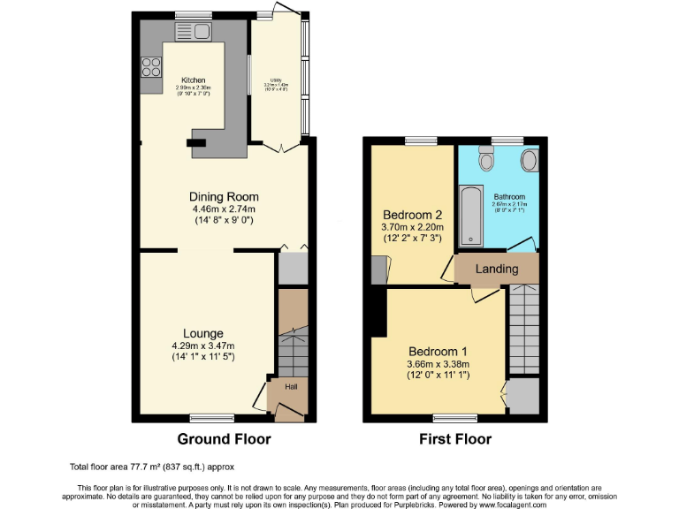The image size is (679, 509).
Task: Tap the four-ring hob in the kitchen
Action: coord(150,67)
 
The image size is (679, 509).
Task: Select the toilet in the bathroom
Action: coord(485,160)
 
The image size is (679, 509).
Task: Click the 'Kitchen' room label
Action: coord(193,80)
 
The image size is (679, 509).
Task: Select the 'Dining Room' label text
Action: coord(223,196)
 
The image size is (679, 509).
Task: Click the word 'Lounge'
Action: coord(203,333)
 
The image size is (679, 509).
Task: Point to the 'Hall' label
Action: coord(291,386)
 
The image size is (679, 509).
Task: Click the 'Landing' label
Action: coord(497,269)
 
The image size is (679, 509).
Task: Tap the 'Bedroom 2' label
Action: coord(412,214)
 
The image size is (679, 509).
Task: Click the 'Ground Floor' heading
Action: coord(224,439)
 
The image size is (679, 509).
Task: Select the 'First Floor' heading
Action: coord(455,439)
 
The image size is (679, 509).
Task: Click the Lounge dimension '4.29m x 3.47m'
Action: coord(203,346)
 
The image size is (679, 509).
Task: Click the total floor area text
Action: coord(152,467)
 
